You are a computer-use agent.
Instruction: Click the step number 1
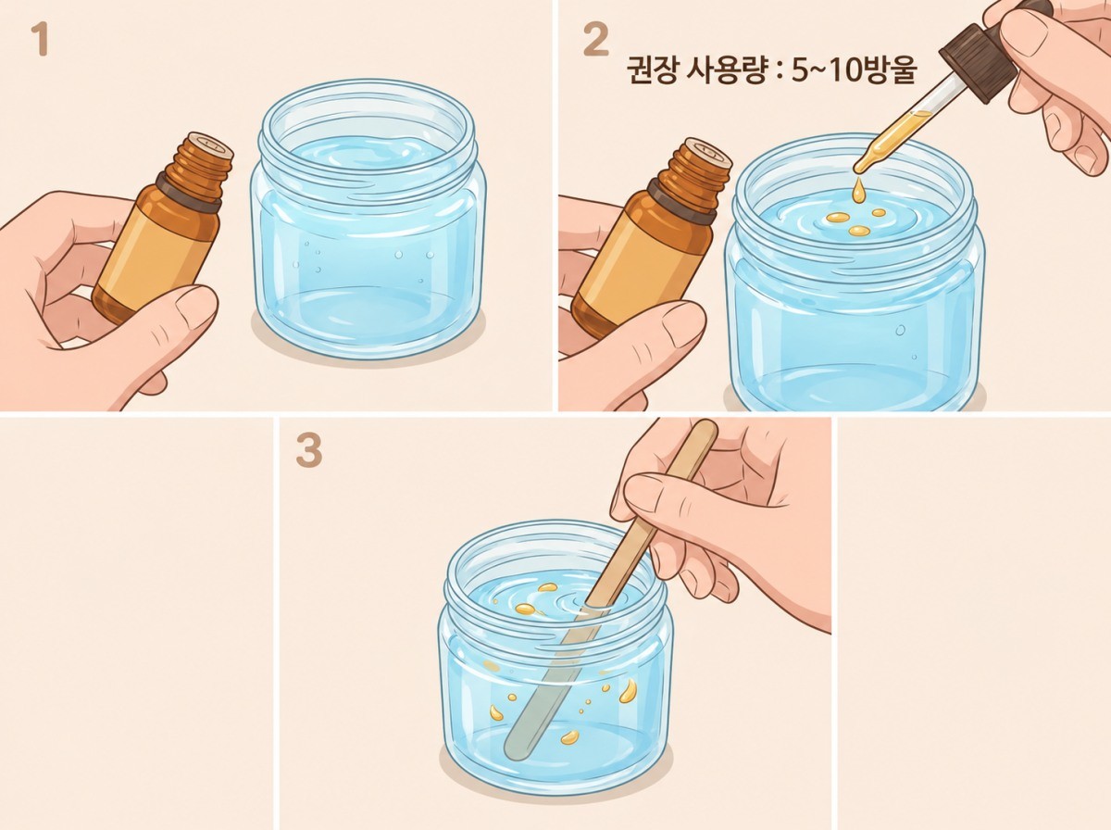39,40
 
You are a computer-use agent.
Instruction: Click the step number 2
595,41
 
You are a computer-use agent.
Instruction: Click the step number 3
308,452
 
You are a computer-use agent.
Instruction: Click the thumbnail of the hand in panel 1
195,308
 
